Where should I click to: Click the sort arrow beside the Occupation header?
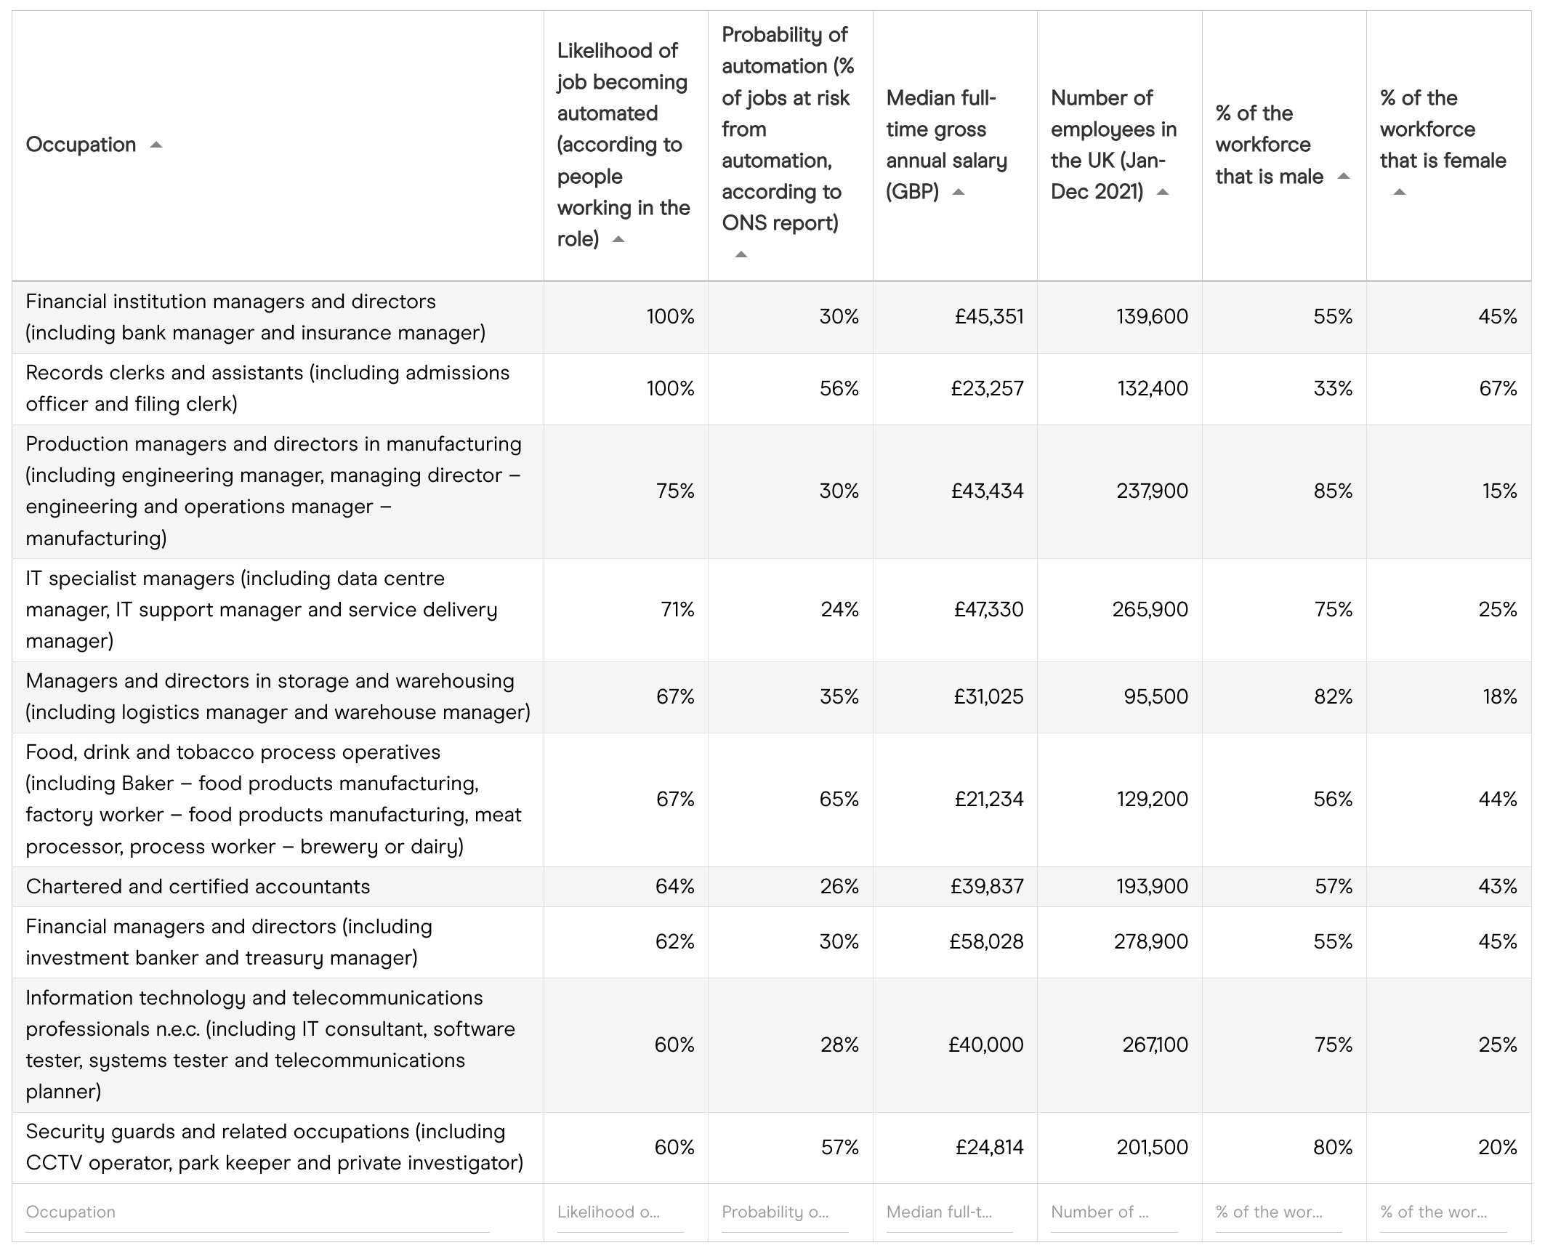[156, 145]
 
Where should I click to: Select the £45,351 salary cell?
[988, 317]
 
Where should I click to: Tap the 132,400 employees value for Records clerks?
[1153, 388]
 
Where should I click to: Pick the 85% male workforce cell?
[1333, 491]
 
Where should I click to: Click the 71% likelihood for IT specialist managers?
[677, 609]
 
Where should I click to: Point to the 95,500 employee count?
[1155, 696]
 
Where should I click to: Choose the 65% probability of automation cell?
[839, 800]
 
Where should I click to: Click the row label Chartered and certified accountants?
[198, 887]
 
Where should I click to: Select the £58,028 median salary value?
[986, 942]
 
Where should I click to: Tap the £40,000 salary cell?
[985, 1045]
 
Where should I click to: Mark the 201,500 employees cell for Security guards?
[1152, 1147]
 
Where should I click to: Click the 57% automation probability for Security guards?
[839, 1147]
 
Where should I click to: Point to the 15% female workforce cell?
[1500, 491]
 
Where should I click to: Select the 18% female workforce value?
[1500, 696]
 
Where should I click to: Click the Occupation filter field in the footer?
[257, 1212]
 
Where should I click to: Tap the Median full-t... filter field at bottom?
[949, 1212]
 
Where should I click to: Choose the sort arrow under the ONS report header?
[741, 254]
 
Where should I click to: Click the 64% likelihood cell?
[675, 887]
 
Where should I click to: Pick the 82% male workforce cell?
[1333, 696]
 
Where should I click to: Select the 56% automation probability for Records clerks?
[839, 388]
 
